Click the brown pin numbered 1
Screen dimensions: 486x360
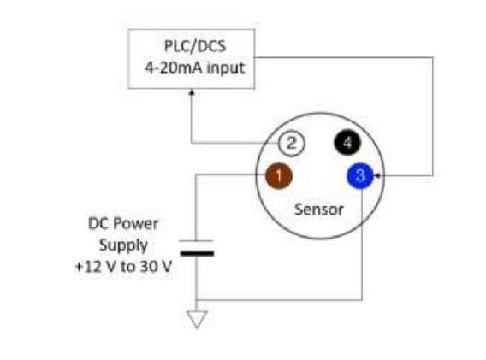[279, 175]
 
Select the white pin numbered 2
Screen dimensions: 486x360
[292, 143]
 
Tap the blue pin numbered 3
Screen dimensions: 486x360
[360, 175]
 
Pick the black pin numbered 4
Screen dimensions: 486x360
[347, 143]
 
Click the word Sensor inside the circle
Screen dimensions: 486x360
[319, 210]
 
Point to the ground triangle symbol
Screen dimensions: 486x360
[197, 319]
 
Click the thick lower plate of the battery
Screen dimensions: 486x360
[197, 253]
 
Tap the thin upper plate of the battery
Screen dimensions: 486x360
[197, 241]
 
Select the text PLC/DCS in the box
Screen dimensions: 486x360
[195, 46]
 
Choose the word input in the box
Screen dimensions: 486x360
[226, 68]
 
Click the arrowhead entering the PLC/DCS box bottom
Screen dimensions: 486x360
[192, 92]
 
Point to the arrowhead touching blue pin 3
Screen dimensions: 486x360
[377, 175]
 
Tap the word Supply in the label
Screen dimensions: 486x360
[123, 245]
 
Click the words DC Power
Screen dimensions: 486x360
[123, 224]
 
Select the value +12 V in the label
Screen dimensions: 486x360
[97, 267]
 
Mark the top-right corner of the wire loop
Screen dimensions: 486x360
[433, 57]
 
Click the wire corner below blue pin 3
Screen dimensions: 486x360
[362, 300]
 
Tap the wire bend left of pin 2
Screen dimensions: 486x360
[192, 143]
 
